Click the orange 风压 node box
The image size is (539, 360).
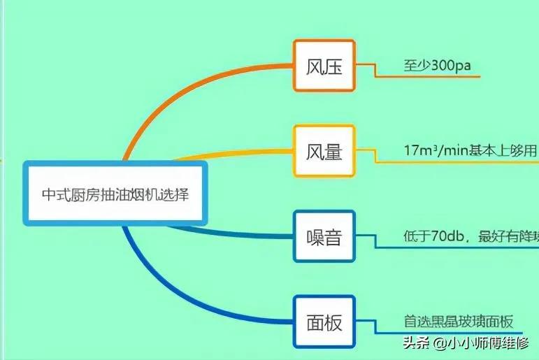(324, 66)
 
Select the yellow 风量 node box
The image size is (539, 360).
(324, 151)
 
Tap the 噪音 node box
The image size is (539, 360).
(324, 236)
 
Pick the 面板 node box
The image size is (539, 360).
(324, 322)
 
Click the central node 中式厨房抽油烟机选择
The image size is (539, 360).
(115, 193)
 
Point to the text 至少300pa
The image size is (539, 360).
(436, 66)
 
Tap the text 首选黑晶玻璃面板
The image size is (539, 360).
(459, 322)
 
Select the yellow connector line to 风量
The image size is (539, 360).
(231, 152)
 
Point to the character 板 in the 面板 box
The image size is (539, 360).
(334, 322)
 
